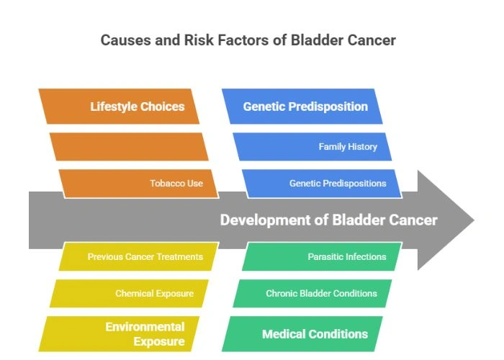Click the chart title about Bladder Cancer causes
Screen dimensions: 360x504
tap(248, 40)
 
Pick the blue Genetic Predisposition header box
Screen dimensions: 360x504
tap(302, 107)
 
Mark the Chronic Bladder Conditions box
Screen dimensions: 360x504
tap(312, 294)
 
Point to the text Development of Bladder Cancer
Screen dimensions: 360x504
tap(328, 220)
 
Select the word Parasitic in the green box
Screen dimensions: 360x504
tap(327, 256)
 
